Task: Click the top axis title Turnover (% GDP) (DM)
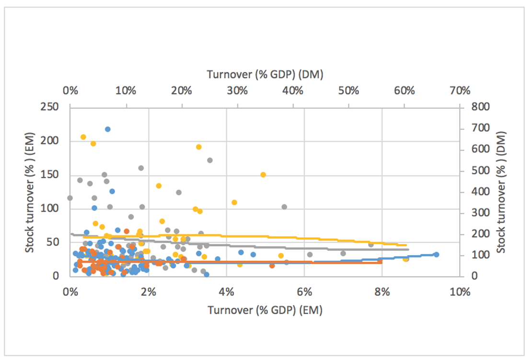pyautogui.click(x=265, y=74)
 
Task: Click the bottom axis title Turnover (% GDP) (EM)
pyautogui.click(x=265, y=310)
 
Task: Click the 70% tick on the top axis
pyautogui.click(x=460, y=90)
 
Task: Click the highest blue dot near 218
pyautogui.click(x=108, y=129)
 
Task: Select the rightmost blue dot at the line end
pyautogui.click(x=436, y=255)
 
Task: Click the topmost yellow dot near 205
pyautogui.click(x=83, y=137)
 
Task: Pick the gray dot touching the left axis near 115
pyautogui.click(x=70, y=198)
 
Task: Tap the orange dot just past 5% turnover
pyautogui.click(x=272, y=266)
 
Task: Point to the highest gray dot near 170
pyautogui.click(x=209, y=160)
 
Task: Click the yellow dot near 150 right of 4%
pyautogui.click(x=263, y=174)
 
